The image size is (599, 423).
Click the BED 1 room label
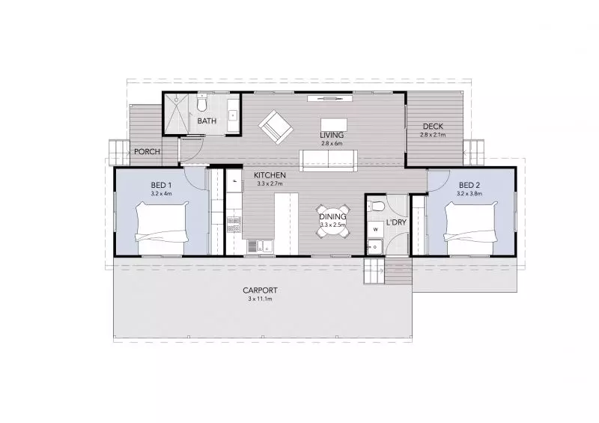pyautogui.click(x=161, y=185)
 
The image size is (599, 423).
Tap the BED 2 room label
pyautogui.click(x=469, y=185)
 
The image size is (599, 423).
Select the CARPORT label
pyautogui.click(x=260, y=290)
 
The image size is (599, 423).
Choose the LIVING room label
pyautogui.click(x=331, y=135)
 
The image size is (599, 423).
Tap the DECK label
pyautogui.click(x=434, y=126)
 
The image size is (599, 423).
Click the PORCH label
pyautogui.click(x=146, y=152)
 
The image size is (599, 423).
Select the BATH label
pyautogui.click(x=206, y=121)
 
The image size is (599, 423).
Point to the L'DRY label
pyautogui.click(x=395, y=223)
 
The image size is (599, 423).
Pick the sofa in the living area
pyautogui.click(x=330, y=159)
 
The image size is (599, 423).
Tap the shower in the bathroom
pyautogui.click(x=179, y=114)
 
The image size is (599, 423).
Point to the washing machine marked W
pyautogui.click(x=375, y=229)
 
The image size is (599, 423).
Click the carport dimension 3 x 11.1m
pyautogui.click(x=260, y=298)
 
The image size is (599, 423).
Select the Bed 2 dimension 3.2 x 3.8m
pyautogui.click(x=469, y=193)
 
